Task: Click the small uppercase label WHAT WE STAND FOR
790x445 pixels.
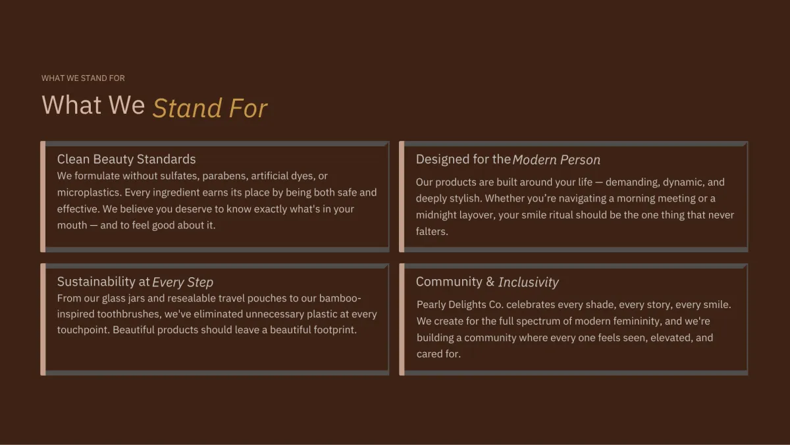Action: click(x=83, y=78)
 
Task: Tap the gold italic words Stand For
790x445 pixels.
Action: click(x=210, y=108)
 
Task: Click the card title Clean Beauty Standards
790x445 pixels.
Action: click(x=126, y=159)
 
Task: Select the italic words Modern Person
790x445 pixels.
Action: click(x=556, y=160)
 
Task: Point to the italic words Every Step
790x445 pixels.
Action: click(x=183, y=282)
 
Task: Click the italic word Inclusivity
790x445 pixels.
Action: click(x=528, y=282)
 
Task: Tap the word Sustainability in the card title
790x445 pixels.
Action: click(x=96, y=282)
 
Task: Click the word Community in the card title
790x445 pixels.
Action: click(x=449, y=281)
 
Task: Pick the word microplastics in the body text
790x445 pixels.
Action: click(x=90, y=192)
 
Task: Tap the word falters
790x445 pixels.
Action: click(x=432, y=231)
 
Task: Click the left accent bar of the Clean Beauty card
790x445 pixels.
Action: click(x=43, y=197)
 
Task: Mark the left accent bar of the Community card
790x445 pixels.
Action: click(x=402, y=319)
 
